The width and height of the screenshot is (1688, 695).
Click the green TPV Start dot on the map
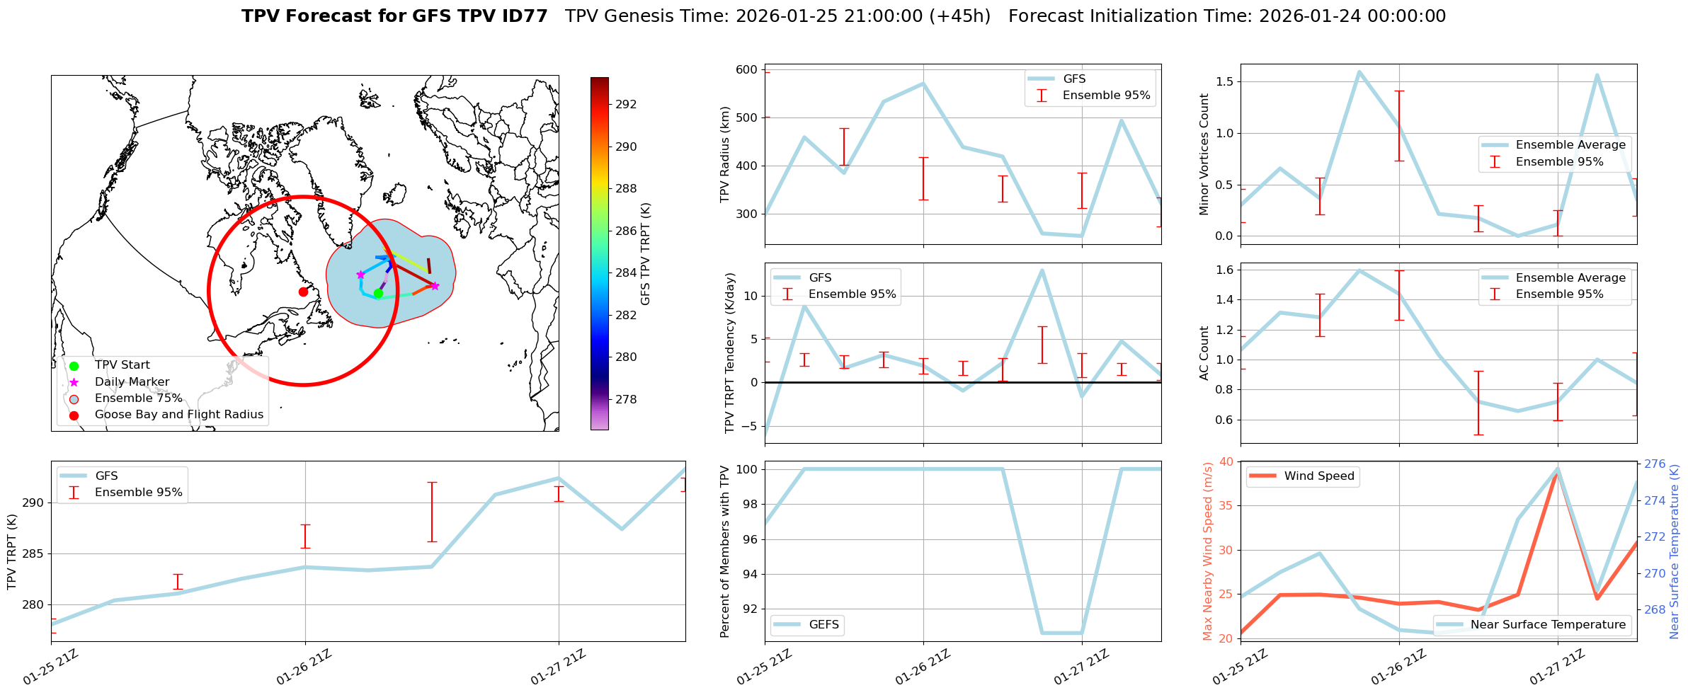(x=378, y=293)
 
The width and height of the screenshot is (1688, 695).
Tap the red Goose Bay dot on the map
(x=303, y=292)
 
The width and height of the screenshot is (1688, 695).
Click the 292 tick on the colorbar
(x=626, y=104)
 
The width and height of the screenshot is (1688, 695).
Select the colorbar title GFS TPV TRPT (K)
(x=645, y=254)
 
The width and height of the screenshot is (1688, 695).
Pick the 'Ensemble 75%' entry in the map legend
(x=138, y=398)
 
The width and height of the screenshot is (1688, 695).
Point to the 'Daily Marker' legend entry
(x=132, y=382)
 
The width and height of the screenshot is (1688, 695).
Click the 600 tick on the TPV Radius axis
(x=746, y=69)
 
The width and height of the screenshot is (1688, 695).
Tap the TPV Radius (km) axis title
(x=724, y=154)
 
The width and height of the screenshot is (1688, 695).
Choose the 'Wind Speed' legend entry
(x=1318, y=476)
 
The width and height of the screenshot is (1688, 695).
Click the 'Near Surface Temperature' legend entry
(x=1548, y=625)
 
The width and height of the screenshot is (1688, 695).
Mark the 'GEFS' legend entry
(x=823, y=625)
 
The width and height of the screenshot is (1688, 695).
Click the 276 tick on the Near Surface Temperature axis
(x=1655, y=464)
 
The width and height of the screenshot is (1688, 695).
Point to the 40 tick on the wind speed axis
(x=1225, y=461)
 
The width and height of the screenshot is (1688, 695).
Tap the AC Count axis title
(x=1204, y=353)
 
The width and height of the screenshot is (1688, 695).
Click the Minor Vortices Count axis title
(x=1204, y=154)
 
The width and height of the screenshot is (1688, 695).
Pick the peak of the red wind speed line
(x=1557, y=473)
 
